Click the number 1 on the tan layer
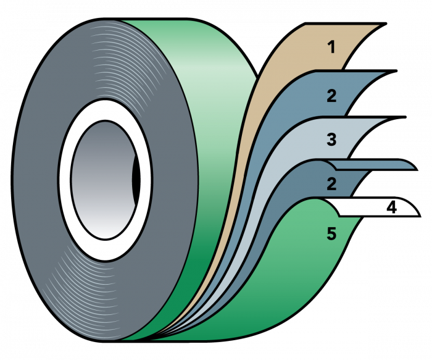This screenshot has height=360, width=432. [x=332, y=47]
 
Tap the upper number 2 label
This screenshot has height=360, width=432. [x=332, y=96]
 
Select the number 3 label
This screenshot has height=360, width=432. [x=332, y=140]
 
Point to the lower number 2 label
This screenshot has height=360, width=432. [x=332, y=183]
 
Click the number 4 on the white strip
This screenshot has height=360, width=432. [x=391, y=207]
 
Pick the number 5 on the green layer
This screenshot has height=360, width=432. [x=331, y=235]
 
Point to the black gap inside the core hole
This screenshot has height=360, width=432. [x=136, y=179]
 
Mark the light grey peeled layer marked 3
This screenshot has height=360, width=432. [x=296, y=148]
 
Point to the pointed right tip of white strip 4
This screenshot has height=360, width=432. [x=417, y=213]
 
